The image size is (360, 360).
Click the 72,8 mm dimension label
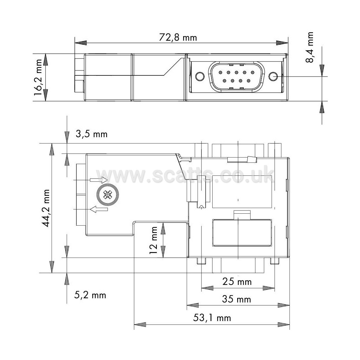pos(178,38)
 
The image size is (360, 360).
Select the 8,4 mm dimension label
pos(310,47)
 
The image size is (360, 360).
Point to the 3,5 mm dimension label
pos(92,134)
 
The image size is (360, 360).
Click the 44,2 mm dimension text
pos(46,208)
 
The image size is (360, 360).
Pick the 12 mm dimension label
pos(153,240)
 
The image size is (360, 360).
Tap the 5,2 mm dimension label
pos(90,295)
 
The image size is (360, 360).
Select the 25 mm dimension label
pos(237,282)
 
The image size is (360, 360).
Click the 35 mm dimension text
pos(236,299)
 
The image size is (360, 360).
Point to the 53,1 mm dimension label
pos(212,318)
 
